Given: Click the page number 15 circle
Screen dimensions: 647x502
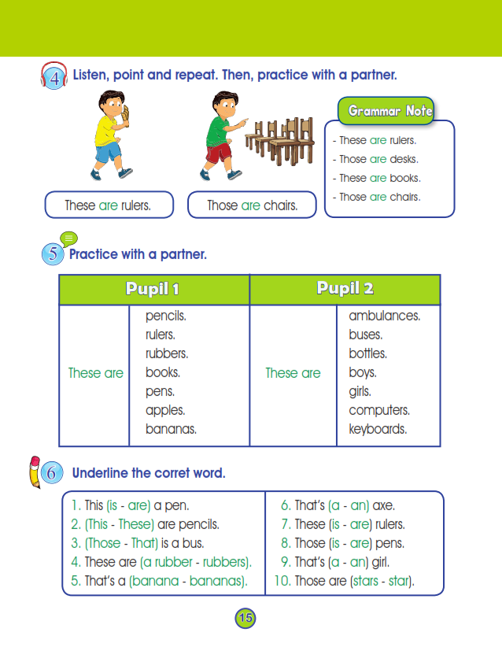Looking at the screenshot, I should (x=245, y=618).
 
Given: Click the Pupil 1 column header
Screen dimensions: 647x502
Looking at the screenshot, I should (x=154, y=289).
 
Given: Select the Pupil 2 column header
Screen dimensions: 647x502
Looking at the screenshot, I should (x=345, y=289).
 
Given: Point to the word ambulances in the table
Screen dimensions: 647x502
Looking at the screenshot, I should (x=384, y=316).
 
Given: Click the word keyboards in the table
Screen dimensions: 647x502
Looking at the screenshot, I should (x=378, y=429).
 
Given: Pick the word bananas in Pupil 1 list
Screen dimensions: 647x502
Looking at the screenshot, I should (x=171, y=429).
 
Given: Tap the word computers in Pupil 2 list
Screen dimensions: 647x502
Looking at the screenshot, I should (x=379, y=410).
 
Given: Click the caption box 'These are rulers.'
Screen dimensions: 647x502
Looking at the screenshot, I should (x=108, y=205).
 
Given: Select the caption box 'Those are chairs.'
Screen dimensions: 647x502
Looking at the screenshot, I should (x=252, y=205).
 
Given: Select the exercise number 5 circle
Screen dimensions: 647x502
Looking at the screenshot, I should (x=51, y=255).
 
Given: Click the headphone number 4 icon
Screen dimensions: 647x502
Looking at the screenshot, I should (x=53, y=77).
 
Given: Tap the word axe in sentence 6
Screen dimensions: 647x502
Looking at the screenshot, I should (x=382, y=505).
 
